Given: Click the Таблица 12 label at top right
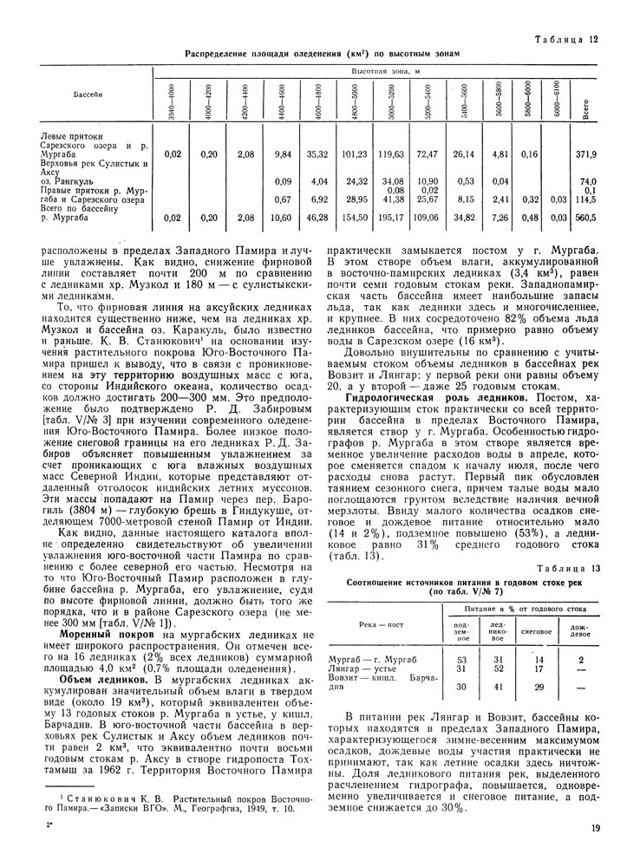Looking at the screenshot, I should [568, 39].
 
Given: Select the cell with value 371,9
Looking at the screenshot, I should [586, 154].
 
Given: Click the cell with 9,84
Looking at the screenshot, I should [281, 154].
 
